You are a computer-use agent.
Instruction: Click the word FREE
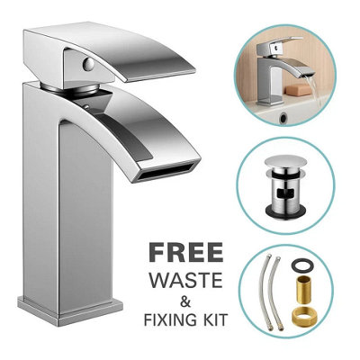pos(186,253)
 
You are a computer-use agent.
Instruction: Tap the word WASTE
pos(186,280)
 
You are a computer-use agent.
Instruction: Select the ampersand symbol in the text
pos(185,301)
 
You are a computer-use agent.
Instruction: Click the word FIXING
pos(167,319)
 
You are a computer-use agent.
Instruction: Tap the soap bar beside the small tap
pos(297,90)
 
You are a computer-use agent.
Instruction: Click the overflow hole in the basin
pos(283,118)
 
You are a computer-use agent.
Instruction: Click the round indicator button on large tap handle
pos(89,64)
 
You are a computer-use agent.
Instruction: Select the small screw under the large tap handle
pos(86,106)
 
